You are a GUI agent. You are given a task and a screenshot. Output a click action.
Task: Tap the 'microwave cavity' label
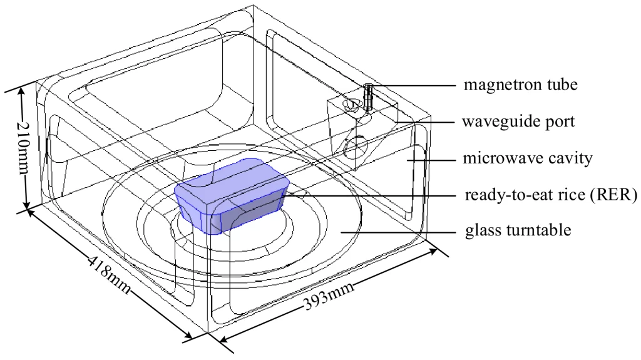[527, 158]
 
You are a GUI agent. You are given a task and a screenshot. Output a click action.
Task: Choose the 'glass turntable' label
[518, 230]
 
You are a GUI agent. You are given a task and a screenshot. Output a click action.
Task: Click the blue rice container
[231, 195]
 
